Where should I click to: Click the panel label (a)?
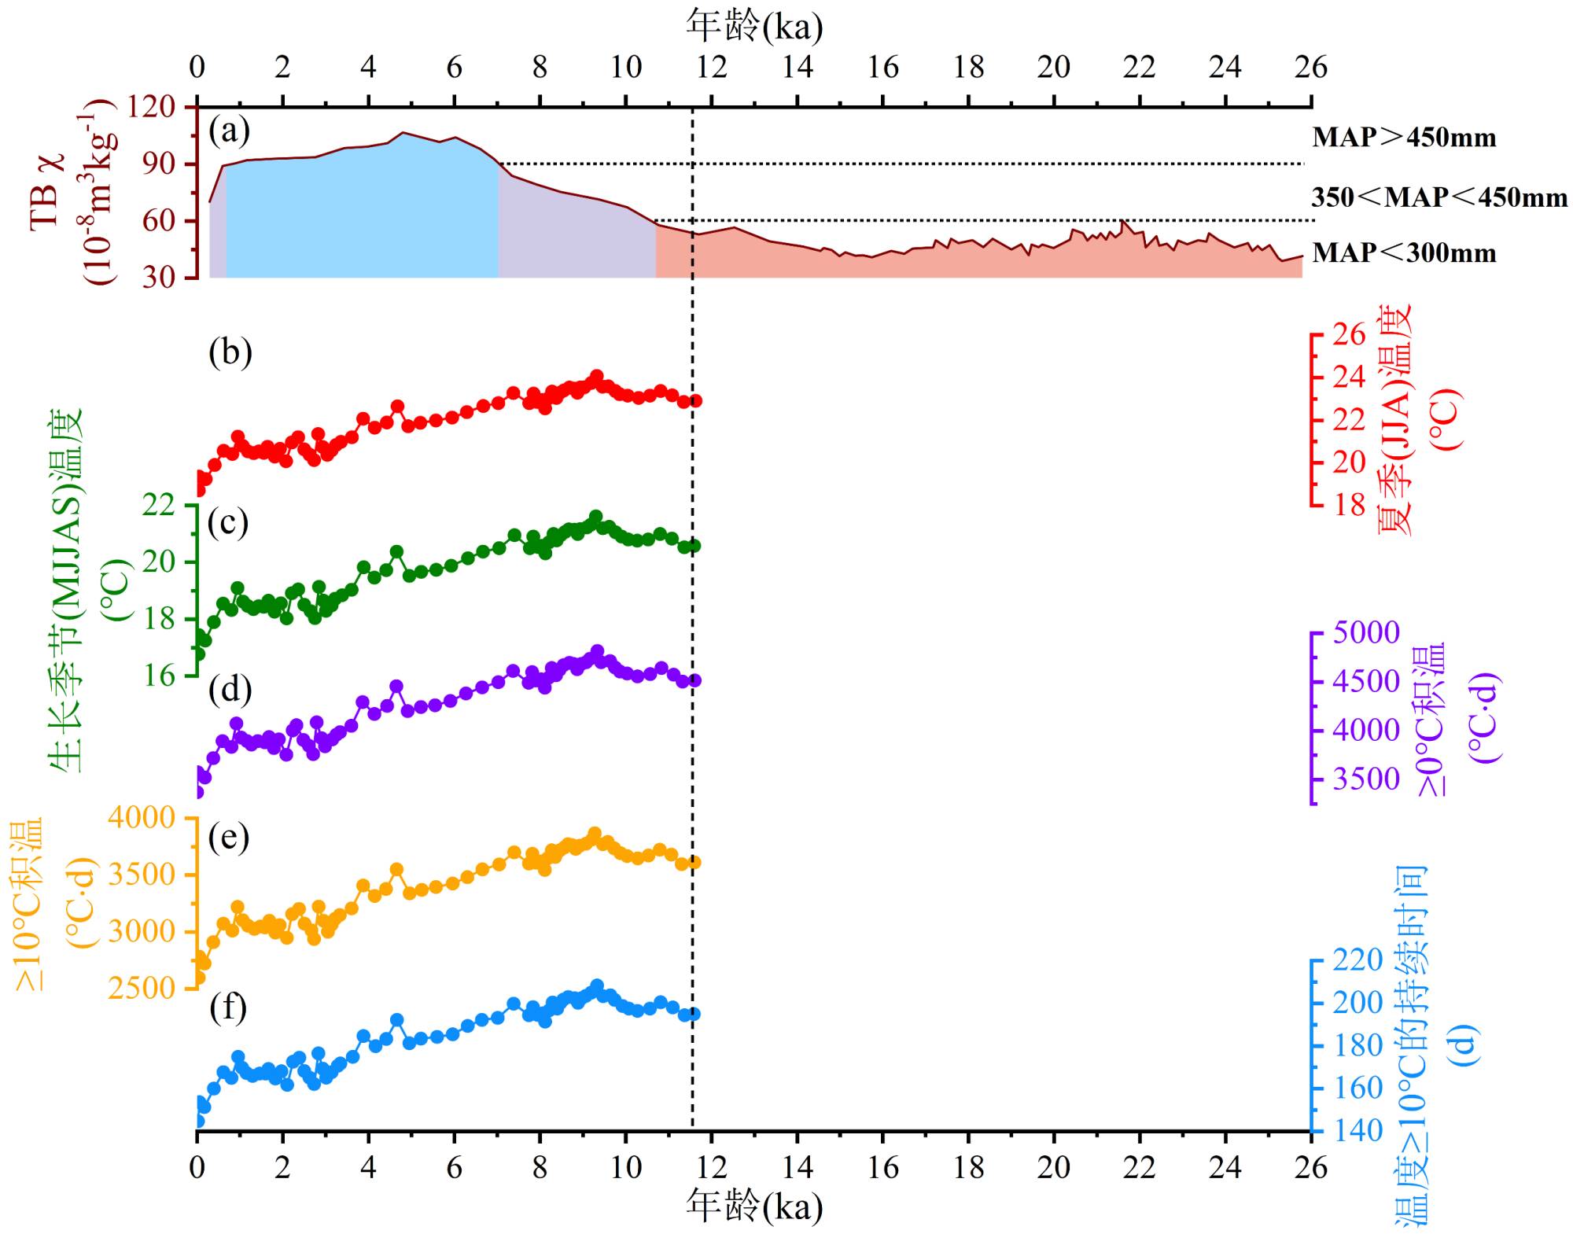coord(229,131)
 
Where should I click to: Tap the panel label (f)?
coord(228,1007)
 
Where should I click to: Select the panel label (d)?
coord(230,690)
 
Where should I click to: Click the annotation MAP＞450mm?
coord(1404,138)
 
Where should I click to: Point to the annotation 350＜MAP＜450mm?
coord(1439,197)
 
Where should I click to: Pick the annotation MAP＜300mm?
coord(1404,253)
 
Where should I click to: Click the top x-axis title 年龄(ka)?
coord(754,26)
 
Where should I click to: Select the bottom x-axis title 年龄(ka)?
coord(754,1206)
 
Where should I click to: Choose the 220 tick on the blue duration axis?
coord(1357,960)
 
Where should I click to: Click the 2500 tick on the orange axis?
coord(142,989)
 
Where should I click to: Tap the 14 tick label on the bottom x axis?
coord(797,1167)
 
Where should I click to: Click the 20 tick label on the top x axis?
coord(1053,68)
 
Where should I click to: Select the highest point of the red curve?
coord(596,376)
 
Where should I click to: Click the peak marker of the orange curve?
coord(595,834)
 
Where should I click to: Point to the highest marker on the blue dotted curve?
coord(596,985)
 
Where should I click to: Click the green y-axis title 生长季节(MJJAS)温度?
coord(68,590)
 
